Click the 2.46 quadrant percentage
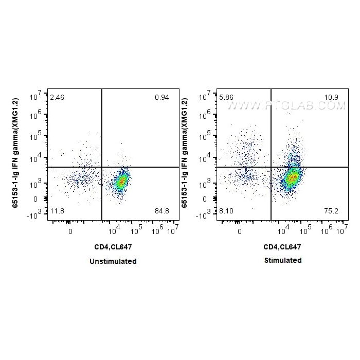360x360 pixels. [57, 97]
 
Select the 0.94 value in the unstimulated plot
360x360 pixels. [162, 97]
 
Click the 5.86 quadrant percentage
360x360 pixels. [226, 97]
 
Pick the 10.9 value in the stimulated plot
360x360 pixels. [332, 97]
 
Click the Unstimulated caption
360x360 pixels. [113, 261]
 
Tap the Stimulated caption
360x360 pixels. [283, 260]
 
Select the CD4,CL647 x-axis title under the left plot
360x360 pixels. [113, 247]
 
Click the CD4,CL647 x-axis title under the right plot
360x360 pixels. [282, 246]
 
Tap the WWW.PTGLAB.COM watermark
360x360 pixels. [286, 105]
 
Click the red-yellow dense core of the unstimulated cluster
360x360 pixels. [121, 182]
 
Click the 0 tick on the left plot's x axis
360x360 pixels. [70, 231]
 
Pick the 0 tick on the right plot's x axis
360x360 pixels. [240, 231]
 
